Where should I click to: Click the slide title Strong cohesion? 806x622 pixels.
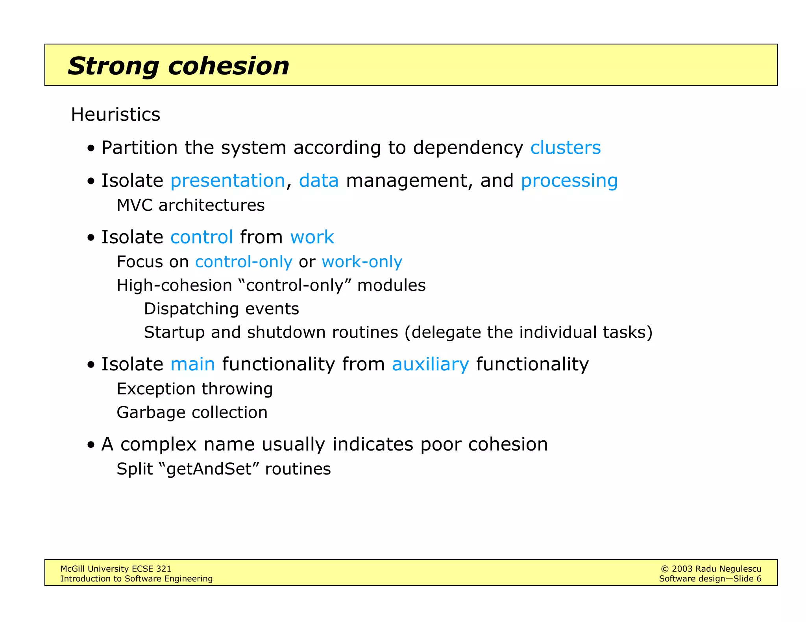pyautogui.click(x=178, y=66)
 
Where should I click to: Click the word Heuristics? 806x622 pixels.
pyautogui.click(x=115, y=115)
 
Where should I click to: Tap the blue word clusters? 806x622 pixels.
pyautogui.click(x=565, y=148)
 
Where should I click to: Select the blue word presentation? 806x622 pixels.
pyautogui.click(x=227, y=181)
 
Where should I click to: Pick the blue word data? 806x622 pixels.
pyautogui.click(x=318, y=181)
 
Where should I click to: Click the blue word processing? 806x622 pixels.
pyautogui.click(x=569, y=181)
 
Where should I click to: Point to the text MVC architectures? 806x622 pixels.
pyautogui.click(x=190, y=205)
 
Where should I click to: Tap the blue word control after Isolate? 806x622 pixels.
pyautogui.click(x=201, y=237)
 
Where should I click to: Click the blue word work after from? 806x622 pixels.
pyautogui.click(x=312, y=237)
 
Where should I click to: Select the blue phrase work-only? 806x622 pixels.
pyautogui.click(x=362, y=262)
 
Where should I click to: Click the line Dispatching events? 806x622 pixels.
pyautogui.click(x=221, y=309)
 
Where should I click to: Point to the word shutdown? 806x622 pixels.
pyautogui.click(x=286, y=333)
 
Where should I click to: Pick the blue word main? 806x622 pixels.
pyautogui.click(x=192, y=364)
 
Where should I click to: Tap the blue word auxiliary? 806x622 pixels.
pyautogui.click(x=430, y=364)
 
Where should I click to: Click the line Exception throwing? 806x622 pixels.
pyautogui.click(x=194, y=389)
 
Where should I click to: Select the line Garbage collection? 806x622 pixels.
pyautogui.click(x=192, y=412)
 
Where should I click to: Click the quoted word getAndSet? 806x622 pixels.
pyautogui.click(x=209, y=469)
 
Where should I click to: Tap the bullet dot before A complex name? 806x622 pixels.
pyautogui.click(x=91, y=445)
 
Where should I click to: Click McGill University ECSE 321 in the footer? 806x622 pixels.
pyautogui.click(x=116, y=569)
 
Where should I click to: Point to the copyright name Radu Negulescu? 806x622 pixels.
pyautogui.click(x=728, y=569)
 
